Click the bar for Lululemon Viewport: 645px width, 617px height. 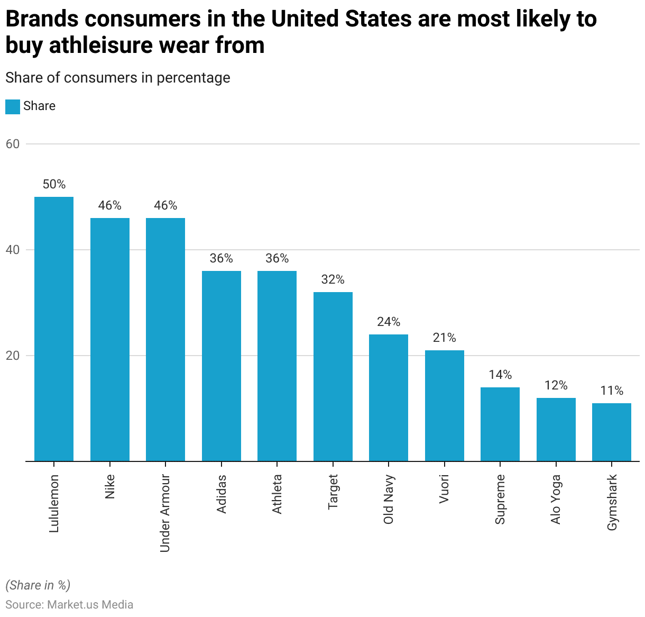[54, 329]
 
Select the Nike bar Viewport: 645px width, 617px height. [110, 339]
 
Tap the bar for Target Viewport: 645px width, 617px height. [333, 376]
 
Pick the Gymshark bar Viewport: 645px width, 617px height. [612, 432]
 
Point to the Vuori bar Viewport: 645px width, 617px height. [445, 405]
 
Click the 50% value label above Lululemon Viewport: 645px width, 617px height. [54, 184]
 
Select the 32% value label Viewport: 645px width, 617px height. [333, 279]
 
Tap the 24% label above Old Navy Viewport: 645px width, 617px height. [389, 322]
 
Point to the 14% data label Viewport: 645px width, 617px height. [500, 375]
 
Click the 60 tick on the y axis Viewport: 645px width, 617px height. [13, 144]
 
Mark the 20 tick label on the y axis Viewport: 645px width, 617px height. [13, 356]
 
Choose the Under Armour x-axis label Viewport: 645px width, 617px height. [165, 513]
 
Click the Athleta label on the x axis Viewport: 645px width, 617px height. [277, 494]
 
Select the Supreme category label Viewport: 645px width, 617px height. [500, 499]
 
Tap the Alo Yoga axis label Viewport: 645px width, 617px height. [556, 499]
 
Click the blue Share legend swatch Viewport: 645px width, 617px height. [13, 106]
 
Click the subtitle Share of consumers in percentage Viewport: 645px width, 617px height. [118, 78]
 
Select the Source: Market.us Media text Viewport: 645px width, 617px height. [69, 604]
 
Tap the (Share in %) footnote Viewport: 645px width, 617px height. [38, 585]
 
